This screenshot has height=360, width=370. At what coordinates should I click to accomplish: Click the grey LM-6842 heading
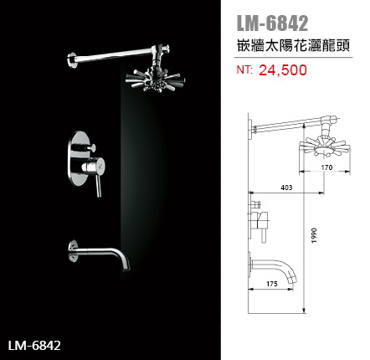click(272, 23)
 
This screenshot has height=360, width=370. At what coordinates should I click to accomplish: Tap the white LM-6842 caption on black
click(34, 346)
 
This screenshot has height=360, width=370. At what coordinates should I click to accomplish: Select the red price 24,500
click(283, 70)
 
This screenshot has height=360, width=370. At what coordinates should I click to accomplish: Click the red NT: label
click(244, 69)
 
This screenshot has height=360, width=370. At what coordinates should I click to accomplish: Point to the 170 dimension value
click(326, 167)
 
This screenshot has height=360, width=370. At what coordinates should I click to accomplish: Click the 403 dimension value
click(286, 188)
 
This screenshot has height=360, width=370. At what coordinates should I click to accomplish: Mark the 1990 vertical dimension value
click(315, 235)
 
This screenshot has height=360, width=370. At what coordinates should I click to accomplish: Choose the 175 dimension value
click(272, 284)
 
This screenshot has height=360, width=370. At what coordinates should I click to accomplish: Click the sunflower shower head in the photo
click(155, 79)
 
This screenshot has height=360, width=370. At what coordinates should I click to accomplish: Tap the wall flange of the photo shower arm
click(72, 60)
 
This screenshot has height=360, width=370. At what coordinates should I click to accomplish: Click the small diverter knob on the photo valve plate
click(90, 147)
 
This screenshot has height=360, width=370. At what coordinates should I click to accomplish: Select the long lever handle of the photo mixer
click(99, 186)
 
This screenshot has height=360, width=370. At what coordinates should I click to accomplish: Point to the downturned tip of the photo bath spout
click(126, 265)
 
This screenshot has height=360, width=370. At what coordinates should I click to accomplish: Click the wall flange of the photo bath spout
click(73, 251)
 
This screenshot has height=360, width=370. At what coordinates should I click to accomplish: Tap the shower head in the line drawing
click(325, 147)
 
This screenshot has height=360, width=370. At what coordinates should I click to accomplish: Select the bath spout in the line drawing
click(274, 268)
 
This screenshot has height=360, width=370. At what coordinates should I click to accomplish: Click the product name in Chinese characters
click(293, 45)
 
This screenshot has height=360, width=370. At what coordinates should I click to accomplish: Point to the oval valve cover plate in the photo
click(79, 158)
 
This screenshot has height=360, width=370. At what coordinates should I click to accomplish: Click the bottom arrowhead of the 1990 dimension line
click(304, 311)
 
